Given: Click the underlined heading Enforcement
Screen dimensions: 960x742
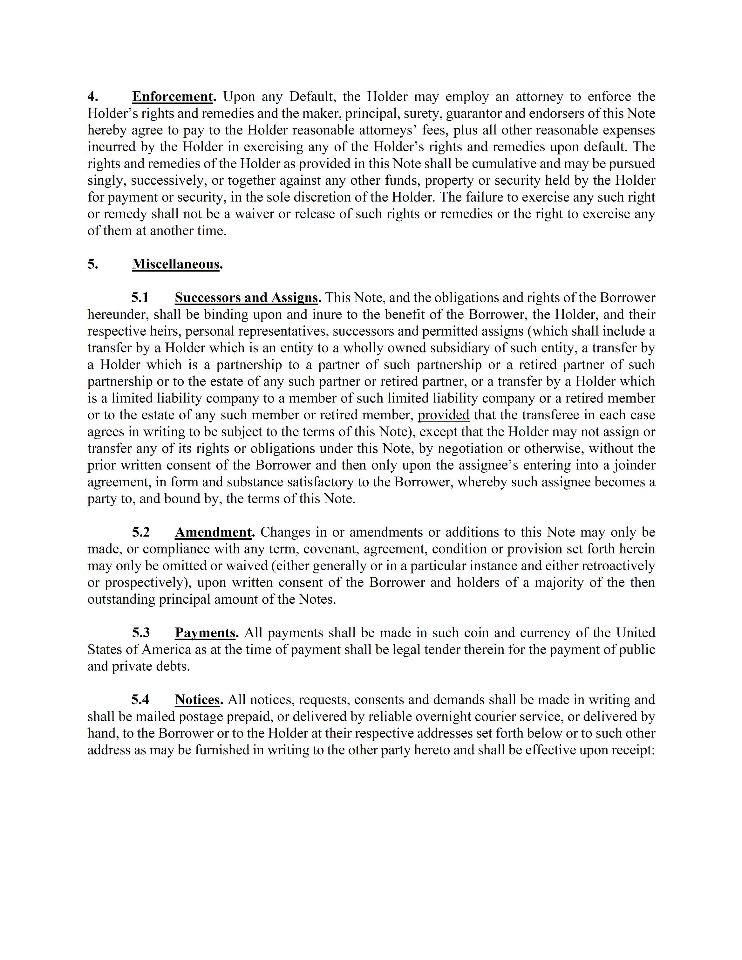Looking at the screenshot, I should pyautogui.click(x=172, y=96).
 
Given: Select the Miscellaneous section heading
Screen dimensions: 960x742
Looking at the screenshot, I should pyautogui.click(x=176, y=264).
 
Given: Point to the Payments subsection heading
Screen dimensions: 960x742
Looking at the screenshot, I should pyautogui.click(x=205, y=633).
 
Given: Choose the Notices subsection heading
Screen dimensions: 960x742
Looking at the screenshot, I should pyautogui.click(x=197, y=699).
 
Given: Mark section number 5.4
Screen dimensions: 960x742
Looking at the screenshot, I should pyautogui.click(x=140, y=699).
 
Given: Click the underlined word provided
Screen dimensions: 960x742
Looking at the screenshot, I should pyautogui.click(x=443, y=415).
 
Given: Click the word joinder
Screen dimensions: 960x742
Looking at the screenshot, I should pyautogui.click(x=636, y=465).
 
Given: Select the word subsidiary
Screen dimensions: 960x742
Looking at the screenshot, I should pyautogui.click(x=446, y=348).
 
